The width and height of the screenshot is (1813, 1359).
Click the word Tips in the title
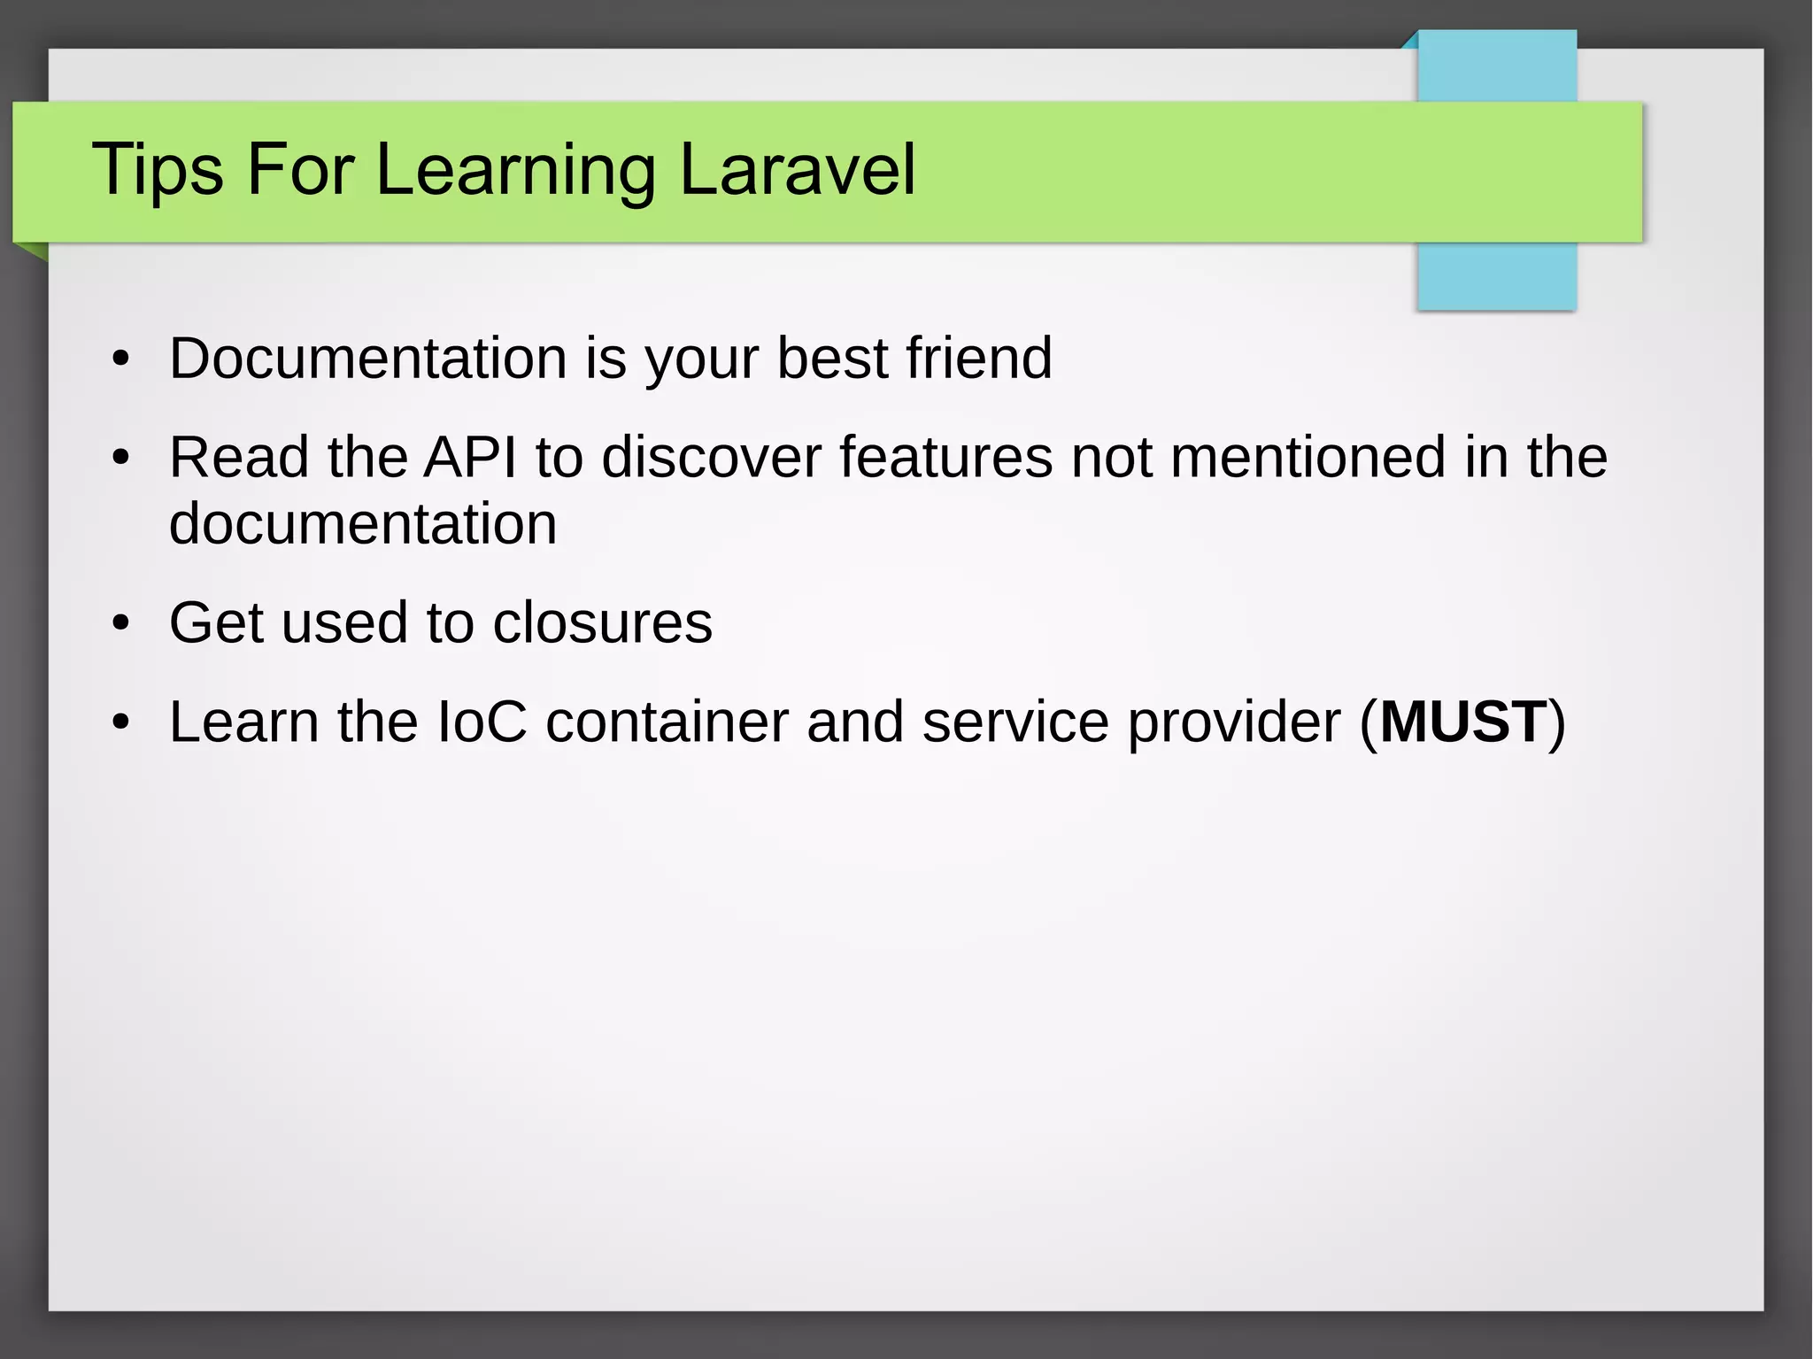158,170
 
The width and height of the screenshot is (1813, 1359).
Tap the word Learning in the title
515,170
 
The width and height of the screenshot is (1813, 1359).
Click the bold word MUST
1462,722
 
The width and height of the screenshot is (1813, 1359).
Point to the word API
469,457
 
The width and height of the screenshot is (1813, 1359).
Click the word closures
602,622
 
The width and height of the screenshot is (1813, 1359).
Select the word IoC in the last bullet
482,722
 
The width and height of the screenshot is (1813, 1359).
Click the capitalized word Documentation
367,358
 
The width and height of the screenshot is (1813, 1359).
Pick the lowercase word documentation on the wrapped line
363,523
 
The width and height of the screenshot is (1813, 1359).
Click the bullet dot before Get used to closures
121,623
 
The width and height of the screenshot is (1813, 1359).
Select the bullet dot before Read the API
121,459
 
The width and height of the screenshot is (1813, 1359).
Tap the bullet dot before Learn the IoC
121,722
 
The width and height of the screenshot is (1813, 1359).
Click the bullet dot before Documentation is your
121,359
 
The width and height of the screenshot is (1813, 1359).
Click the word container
666,722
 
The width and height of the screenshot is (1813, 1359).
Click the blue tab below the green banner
1496,276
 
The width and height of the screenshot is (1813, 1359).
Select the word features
945,457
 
